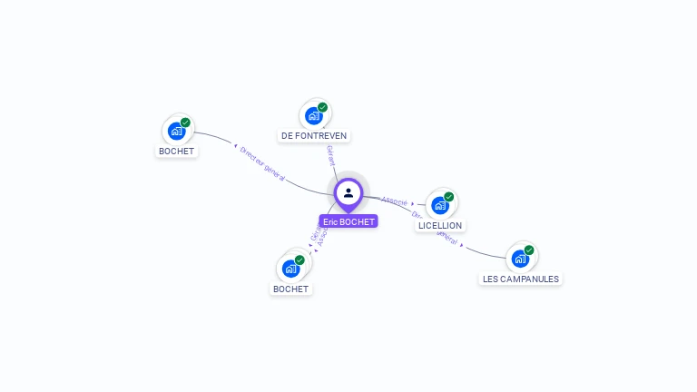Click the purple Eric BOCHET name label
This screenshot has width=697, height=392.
point(348,221)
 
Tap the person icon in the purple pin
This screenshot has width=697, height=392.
point(348,192)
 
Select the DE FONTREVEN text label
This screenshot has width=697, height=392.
point(314,136)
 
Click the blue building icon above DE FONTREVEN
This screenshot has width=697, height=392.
point(313,115)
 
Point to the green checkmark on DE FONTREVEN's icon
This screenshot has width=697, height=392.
point(323,107)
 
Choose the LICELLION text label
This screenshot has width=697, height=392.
point(440,225)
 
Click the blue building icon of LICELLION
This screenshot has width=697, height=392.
point(439,205)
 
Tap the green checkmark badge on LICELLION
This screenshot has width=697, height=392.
point(448,197)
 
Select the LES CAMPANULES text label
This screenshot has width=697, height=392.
point(521,279)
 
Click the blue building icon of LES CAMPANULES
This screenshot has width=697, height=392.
point(519,259)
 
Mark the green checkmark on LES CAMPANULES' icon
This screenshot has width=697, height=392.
point(529,250)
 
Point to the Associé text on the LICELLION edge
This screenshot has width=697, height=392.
point(395,201)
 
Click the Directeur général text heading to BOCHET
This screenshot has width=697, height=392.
point(262,164)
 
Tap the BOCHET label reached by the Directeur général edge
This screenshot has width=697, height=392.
point(176,152)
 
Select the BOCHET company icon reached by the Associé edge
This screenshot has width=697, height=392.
point(290,269)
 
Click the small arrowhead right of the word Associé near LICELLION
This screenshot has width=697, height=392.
point(413,204)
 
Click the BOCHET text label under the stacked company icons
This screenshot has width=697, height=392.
point(290,289)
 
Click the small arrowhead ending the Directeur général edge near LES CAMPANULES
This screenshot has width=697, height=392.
point(462,244)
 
